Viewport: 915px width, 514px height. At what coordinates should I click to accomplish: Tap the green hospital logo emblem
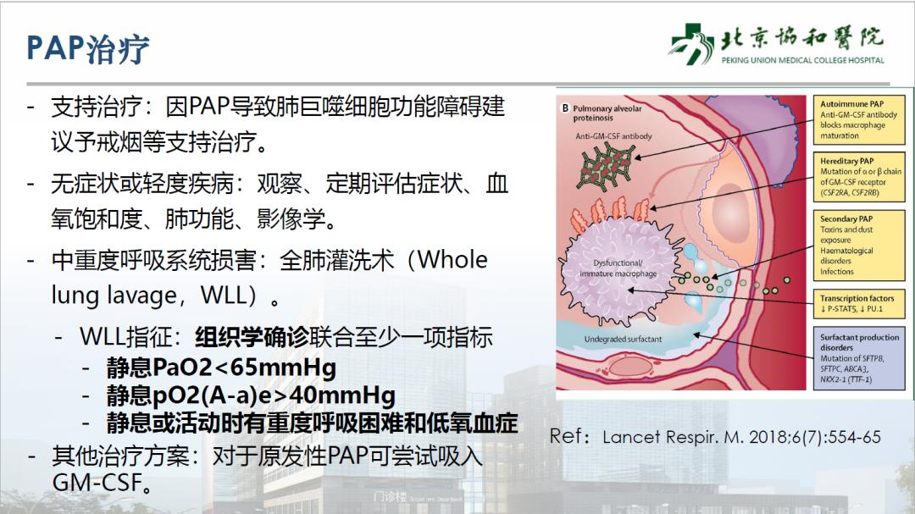[x=690, y=41]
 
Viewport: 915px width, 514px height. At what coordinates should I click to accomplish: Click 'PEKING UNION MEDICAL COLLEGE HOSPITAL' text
[x=802, y=61]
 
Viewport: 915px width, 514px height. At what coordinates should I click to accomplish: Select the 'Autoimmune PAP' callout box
[x=859, y=119]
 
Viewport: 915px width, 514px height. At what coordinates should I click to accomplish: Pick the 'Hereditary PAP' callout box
[x=859, y=176]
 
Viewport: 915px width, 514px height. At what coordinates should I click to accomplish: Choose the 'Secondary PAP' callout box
[x=859, y=245]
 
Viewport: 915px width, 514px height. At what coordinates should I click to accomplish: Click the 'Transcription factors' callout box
[x=859, y=303]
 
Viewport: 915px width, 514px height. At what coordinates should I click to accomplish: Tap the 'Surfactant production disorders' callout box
[x=859, y=357]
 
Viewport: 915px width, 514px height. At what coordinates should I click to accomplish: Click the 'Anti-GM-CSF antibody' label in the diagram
[x=614, y=135]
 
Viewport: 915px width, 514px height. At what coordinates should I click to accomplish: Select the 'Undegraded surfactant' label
[x=623, y=340]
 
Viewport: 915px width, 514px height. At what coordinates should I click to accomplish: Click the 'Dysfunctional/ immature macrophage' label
[x=618, y=268]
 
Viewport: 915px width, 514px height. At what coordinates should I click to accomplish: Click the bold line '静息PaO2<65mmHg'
[x=221, y=368]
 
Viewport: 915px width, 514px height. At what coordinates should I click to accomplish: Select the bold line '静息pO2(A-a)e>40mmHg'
[x=251, y=395]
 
